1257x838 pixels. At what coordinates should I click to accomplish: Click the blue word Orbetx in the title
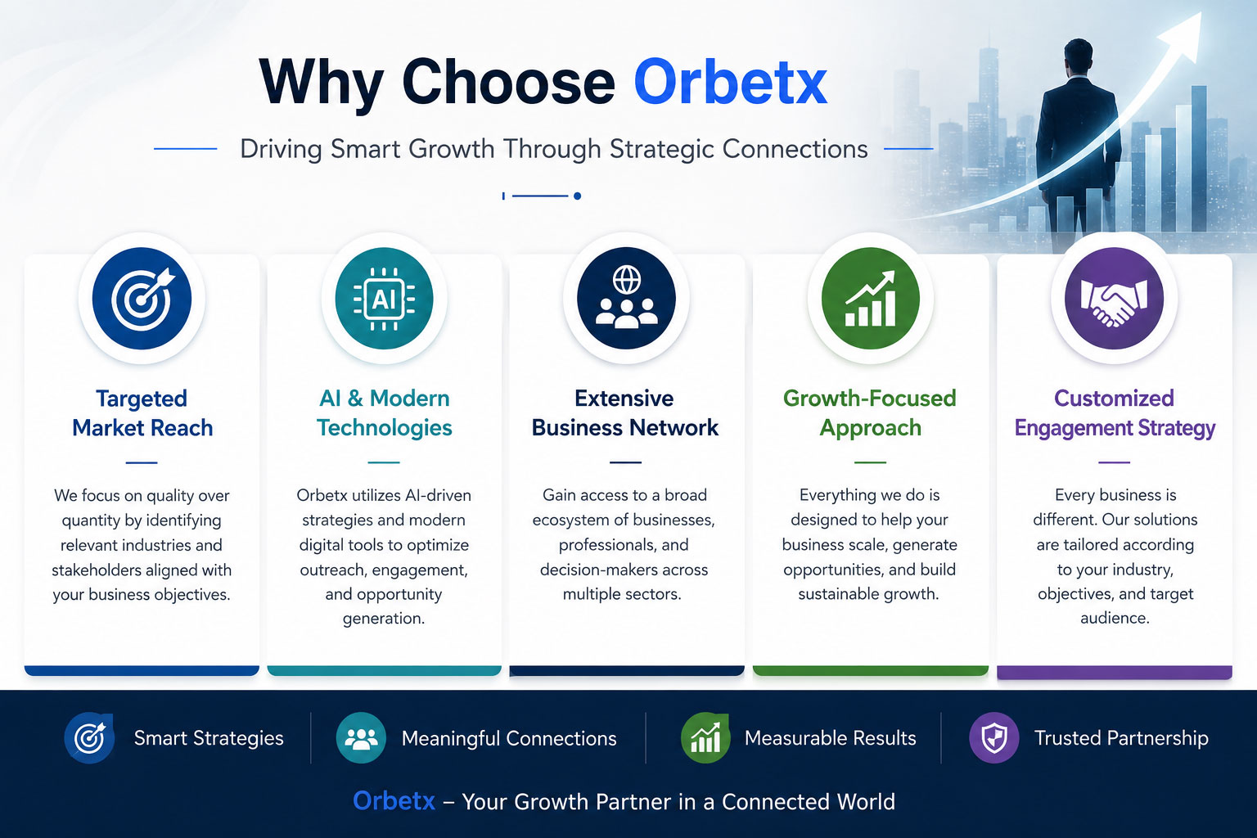(x=731, y=82)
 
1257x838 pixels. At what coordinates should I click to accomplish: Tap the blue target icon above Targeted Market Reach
(x=142, y=298)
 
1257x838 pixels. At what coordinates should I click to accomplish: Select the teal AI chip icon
(x=385, y=298)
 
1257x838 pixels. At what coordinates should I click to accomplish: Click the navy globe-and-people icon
(x=626, y=298)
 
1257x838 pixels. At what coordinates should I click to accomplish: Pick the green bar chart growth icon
(x=871, y=298)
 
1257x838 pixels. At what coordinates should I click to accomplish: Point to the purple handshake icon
(x=1115, y=298)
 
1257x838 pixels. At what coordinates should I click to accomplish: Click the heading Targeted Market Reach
(x=142, y=413)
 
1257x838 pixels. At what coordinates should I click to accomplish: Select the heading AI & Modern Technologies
(x=385, y=413)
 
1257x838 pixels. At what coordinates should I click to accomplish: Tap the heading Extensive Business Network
(x=625, y=413)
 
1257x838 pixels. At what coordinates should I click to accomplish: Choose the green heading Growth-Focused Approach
(x=870, y=413)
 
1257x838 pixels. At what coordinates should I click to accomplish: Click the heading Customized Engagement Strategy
(x=1115, y=413)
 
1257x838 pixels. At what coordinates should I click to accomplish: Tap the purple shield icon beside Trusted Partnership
(x=993, y=737)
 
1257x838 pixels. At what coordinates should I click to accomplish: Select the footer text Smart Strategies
(x=209, y=738)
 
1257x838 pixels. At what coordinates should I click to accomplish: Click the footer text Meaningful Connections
(x=509, y=738)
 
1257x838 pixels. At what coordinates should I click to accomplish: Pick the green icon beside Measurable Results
(x=705, y=737)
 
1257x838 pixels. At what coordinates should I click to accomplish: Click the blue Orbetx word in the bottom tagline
(x=394, y=801)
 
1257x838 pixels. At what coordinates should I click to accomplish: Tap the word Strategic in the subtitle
(x=661, y=149)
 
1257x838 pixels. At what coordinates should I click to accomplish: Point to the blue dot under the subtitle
(x=578, y=196)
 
